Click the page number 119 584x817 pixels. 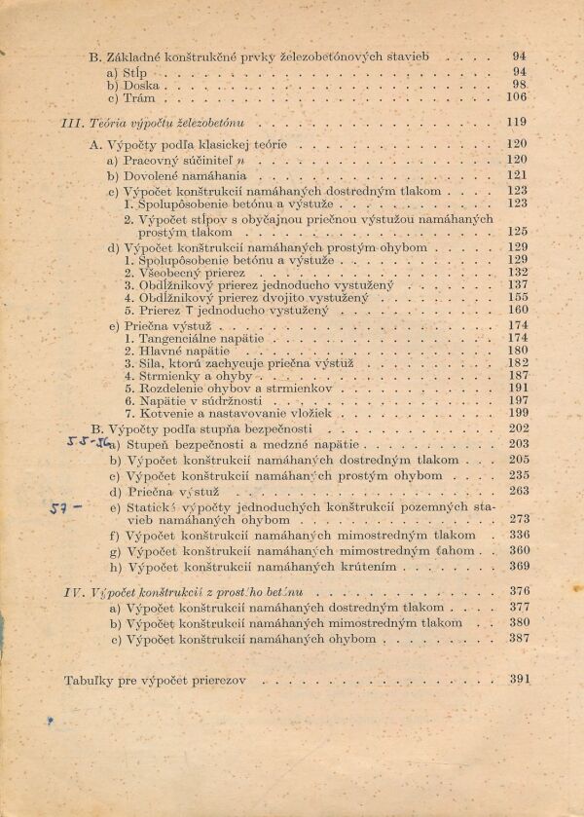point(516,122)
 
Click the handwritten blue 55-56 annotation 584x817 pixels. point(89,440)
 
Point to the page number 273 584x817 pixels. point(517,520)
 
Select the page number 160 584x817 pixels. point(517,311)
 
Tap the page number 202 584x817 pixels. point(517,427)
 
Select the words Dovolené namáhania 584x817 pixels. point(186,175)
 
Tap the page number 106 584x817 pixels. point(516,97)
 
